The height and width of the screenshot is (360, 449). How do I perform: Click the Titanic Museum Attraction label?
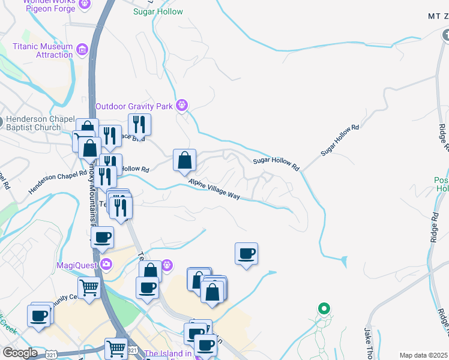[43, 50]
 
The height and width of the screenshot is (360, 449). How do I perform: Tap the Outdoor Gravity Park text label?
[134, 107]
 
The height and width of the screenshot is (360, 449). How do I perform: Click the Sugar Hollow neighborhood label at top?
[158, 11]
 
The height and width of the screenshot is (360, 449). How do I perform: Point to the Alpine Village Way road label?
[214, 189]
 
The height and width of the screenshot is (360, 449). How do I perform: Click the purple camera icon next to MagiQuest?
[106, 264]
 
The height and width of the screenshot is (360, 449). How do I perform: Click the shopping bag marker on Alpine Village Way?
[185, 161]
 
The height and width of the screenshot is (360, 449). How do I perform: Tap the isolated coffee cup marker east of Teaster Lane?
[246, 254]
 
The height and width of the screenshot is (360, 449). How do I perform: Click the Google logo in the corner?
[20, 353]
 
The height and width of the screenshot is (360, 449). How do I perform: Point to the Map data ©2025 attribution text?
[423, 355]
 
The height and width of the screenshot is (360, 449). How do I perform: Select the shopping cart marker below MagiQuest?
[89, 288]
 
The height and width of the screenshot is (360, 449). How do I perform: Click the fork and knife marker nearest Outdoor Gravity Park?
[139, 125]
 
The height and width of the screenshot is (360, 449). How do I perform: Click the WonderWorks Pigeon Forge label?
[46, 4]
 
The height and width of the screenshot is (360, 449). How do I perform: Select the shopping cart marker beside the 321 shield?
[116, 349]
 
